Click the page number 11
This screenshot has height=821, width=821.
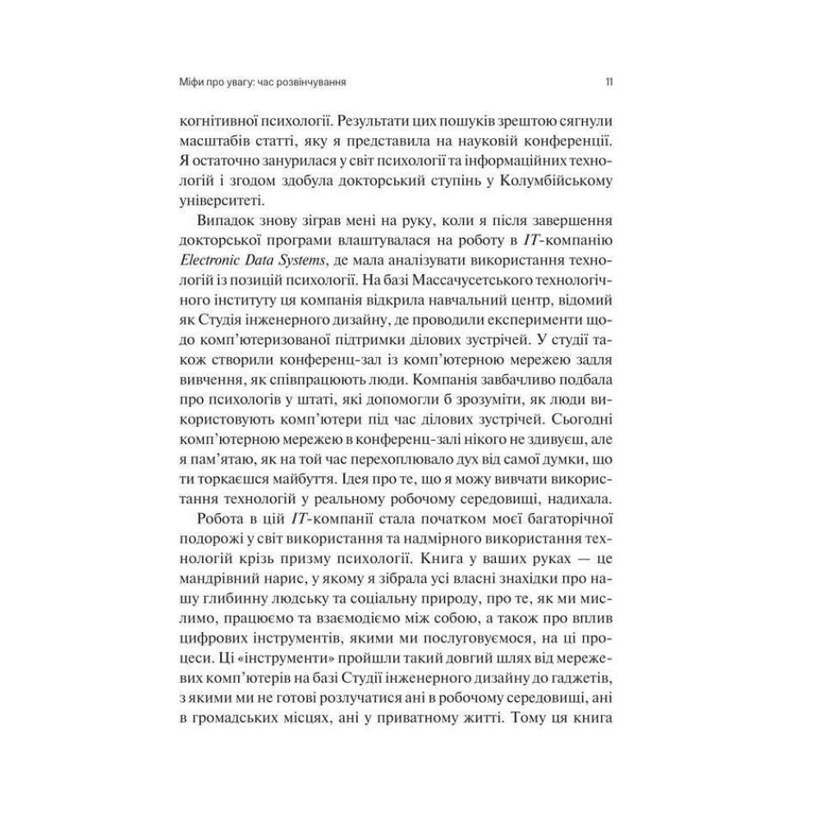point(608,83)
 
